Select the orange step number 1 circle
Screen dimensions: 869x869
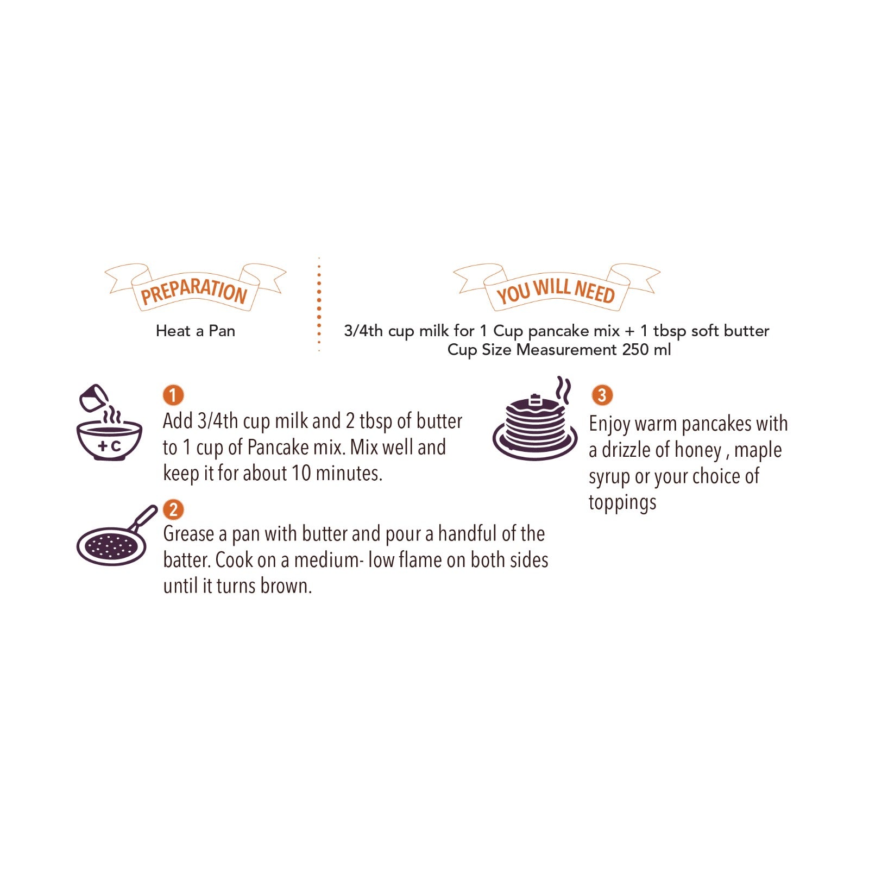click(173, 395)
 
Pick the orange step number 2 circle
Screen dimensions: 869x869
click(173, 509)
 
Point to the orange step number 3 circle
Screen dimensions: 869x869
click(602, 395)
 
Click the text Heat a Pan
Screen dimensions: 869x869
click(196, 331)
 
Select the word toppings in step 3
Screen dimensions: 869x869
click(622, 503)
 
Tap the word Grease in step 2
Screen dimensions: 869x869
click(189, 534)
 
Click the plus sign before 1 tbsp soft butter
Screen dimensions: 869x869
click(629, 331)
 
